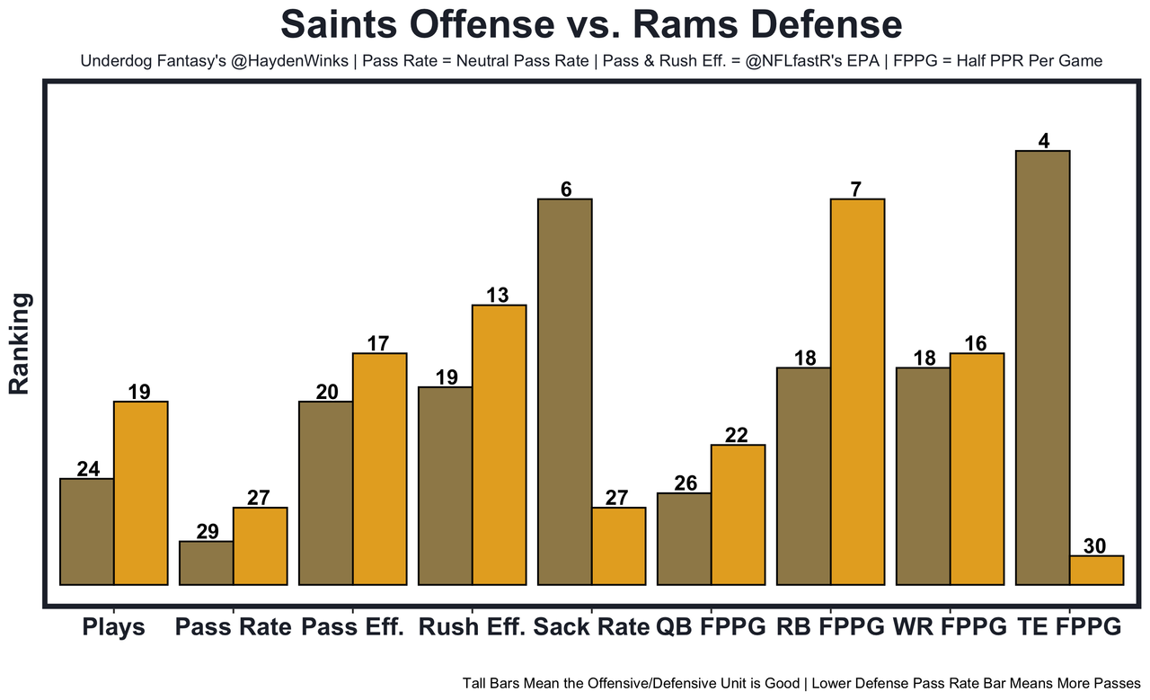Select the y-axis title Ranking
point(20,343)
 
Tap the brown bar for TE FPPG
point(1042,368)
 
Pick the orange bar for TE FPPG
point(1096,571)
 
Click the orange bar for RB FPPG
point(857,392)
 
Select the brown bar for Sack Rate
point(564,392)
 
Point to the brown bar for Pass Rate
point(207,563)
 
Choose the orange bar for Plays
point(140,493)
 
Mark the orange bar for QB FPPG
point(738,515)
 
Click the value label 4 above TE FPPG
point(1043,140)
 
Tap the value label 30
point(1095,545)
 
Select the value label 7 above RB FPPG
point(856,189)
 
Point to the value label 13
point(498,295)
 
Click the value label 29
point(208,531)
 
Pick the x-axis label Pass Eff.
point(353,627)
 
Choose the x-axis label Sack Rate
point(591,627)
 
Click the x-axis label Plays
point(113,627)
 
